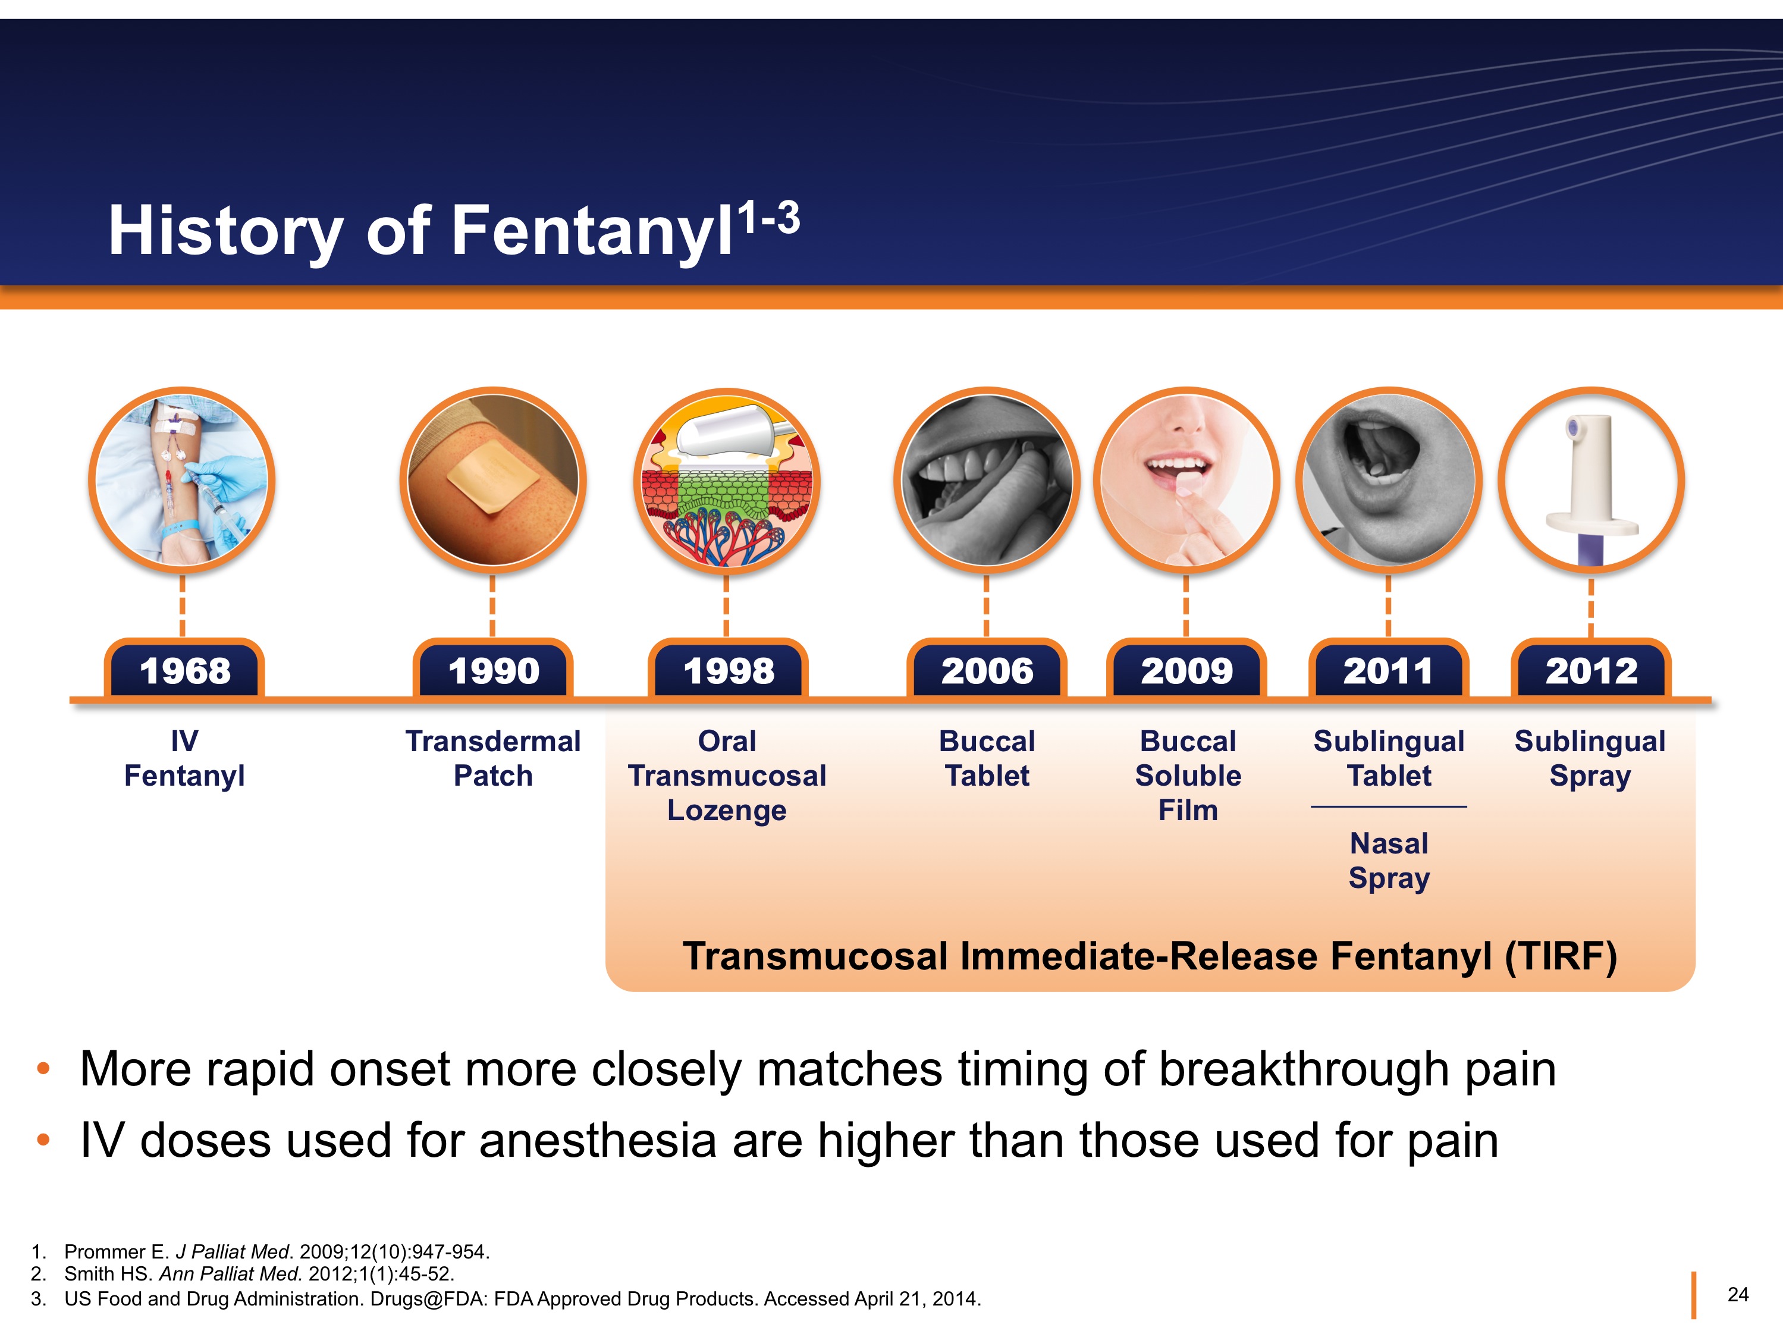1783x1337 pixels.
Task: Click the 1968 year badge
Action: [184, 670]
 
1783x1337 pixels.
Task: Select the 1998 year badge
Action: [728, 670]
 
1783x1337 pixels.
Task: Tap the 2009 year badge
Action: [1186, 670]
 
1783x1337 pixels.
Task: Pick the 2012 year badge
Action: [1591, 670]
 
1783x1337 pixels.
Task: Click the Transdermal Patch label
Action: [492, 758]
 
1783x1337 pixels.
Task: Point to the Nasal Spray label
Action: [1389, 861]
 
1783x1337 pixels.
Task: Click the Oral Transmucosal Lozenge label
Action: [727, 776]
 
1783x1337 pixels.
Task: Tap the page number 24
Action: [1737, 1294]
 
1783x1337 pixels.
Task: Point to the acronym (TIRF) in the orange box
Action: [1561, 956]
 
